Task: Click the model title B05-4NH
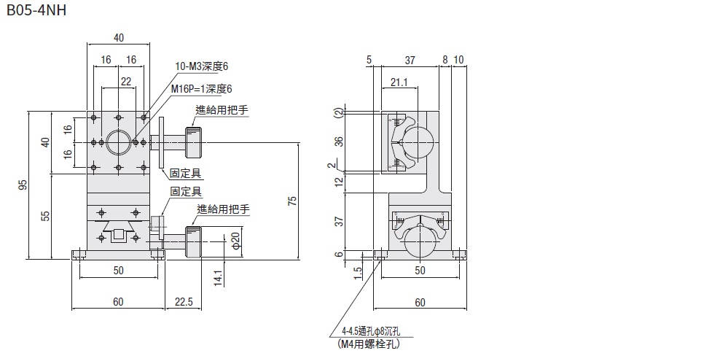[x=36, y=12]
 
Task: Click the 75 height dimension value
[x=292, y=201]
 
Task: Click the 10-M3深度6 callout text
[x=202, y=66]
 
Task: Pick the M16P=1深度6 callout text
[x=201, y=88]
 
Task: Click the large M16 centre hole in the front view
[x=118, y=142]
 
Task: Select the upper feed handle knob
[x=194, y=142]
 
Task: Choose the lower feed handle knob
[x=193, y=241]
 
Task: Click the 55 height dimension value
[x=44, y=216]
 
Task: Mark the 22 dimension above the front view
[x=126, y=81]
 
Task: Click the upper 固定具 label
[x=186, y=174]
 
